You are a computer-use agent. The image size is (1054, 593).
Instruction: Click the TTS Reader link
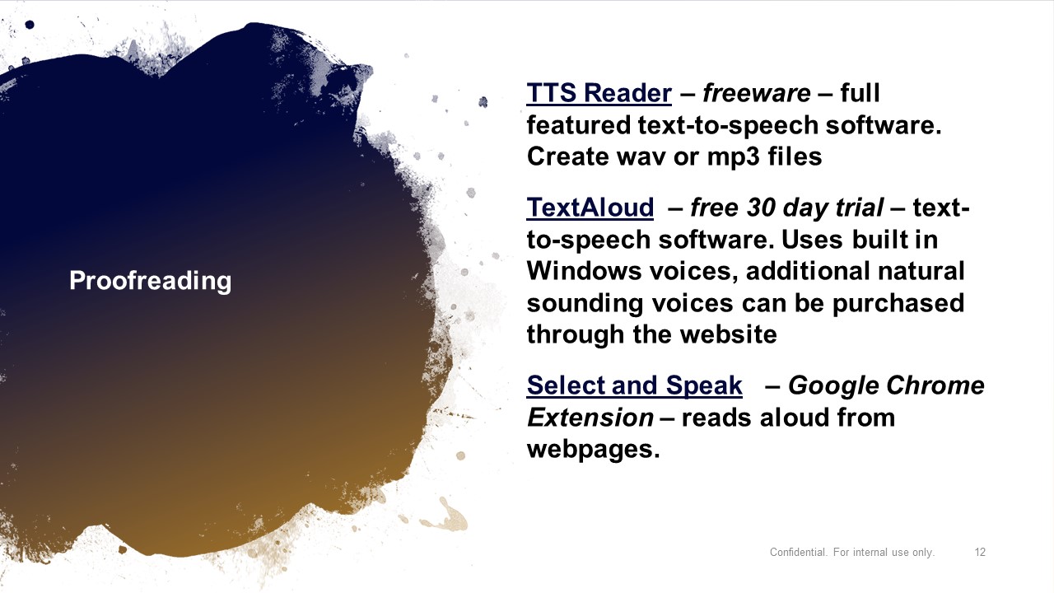tap(599, 93)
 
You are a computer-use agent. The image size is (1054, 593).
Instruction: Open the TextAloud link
tap(590, 208)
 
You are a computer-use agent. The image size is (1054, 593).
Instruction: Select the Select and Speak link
tap(634, 385)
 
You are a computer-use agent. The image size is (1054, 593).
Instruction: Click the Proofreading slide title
tap(151, 281)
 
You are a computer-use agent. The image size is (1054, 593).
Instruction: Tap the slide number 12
tap(980, 552)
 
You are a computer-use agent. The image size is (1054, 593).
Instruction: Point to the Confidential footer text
tap(851, 552)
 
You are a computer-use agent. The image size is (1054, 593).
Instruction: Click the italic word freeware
tap(757, 93)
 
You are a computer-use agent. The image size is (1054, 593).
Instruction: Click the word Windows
tap(584, 271)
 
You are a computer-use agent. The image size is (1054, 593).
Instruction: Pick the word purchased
tap(898, 304)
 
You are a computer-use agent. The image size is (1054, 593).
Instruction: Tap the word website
tap(729, 334)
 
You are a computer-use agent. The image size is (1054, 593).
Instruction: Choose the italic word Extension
tap(590, 418)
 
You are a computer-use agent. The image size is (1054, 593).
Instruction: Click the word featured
tap(578, 125)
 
